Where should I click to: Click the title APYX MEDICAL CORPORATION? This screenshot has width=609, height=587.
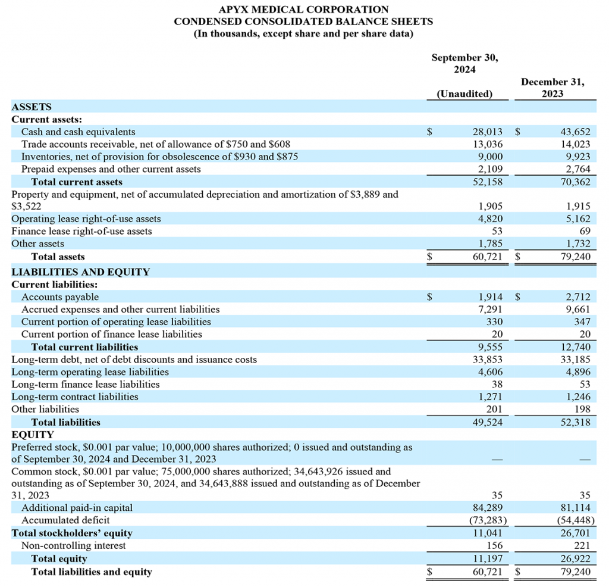303,10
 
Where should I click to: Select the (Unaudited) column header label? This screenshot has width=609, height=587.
464,93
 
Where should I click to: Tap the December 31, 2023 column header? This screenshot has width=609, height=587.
553,88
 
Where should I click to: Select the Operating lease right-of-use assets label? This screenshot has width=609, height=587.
86,218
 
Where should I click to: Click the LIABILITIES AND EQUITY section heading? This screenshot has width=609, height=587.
81,271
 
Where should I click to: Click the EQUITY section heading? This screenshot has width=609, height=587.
33,435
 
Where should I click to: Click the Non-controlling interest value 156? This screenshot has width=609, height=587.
494,545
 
